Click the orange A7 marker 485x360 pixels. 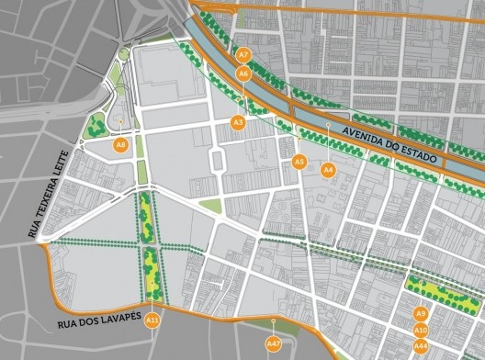pos(243,56)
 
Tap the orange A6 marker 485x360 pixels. pos(243,72)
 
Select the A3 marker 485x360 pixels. pos(238,122)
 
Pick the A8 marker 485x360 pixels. pos(120,144)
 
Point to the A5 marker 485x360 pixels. pos(299,162)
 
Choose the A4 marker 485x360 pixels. pos(328,169)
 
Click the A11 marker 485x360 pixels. pos(153,320)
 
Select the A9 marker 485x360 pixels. pos(421,313)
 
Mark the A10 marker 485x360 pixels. pos(421,330)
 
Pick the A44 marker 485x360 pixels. pos(421,345)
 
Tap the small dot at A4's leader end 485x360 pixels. pos(328,124)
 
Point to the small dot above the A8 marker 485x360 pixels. pos(120,120)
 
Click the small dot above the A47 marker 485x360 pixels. pos(273,320)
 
